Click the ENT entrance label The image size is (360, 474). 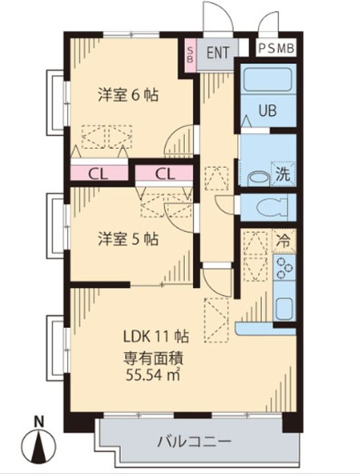click(x=218, y=53)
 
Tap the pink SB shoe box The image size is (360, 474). click(x=190, y=55)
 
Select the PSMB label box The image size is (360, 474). click(x=276, y=48)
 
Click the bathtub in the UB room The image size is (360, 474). click(x=267, y=80)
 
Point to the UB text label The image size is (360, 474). click(x=267, y=111)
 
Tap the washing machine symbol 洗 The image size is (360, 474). click(x=283, y=174)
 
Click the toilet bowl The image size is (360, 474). click(x=271, y=207)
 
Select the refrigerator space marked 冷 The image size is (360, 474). click(x=284, y=241)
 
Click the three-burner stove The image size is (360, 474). click(x=284, y=267)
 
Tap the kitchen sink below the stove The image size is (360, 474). click(x=284, y=308)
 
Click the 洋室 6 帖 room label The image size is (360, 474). click(x=128, y=95)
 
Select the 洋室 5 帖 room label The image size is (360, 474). click(x=128, y=239)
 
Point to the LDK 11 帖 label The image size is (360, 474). click(x=156, y=336)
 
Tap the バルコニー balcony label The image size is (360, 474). click(x=194, y=442)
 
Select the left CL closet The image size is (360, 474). click(x=99, y=174)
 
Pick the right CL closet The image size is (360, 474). click(x=164, y=174)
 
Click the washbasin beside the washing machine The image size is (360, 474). click(x=258, y=179)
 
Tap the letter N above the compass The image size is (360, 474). click(x=38, y=422)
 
